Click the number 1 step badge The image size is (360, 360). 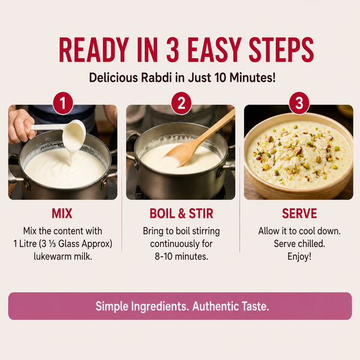pyautogui.click(x=62, y=103)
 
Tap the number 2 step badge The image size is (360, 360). pyautogui.click(x=181, y=103)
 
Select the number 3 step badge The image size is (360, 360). pyautogui.click(x=299, y=103)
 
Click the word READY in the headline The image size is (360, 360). pyautogui.click(x=94, y=50)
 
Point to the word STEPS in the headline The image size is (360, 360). pyautogui.click(x=281, y=50)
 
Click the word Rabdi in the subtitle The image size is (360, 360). pyautogui.click(x=156, y=77)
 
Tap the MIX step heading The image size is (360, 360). pyautogui.click(x=62, y=214)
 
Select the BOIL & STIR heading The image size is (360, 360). pyautogui.click(x=181, y=214)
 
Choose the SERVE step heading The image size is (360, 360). pyautogui.click(x=299, y=214)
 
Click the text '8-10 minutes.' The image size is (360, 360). pyautogui.click(x=181, y=256)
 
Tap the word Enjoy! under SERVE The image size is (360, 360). pyautogui.click(x=299, y=256)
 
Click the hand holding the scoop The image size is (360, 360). pyautogui.click(x=22, y=126)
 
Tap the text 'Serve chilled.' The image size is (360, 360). pyautogui.click(x=299, y=244)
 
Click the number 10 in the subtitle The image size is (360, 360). pyautogui.click(x=220, y=77)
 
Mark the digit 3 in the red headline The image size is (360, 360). pyautogui.click(x=173, y=50)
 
